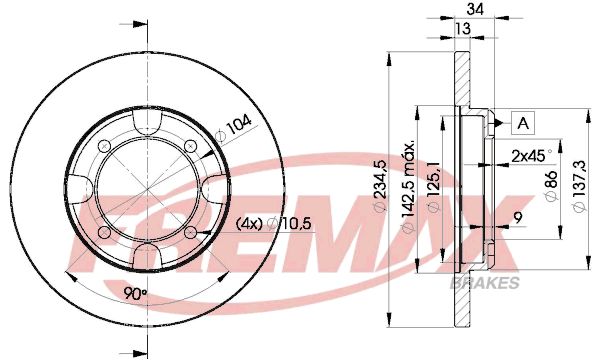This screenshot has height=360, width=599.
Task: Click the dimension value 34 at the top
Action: tap(475, 8)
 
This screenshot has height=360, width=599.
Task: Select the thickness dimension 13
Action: tap(463, 28)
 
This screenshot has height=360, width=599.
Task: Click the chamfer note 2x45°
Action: tap(532, 156)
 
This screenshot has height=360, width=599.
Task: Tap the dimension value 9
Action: tap(518, 218)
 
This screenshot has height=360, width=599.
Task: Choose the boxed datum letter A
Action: tap(523, 123)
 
